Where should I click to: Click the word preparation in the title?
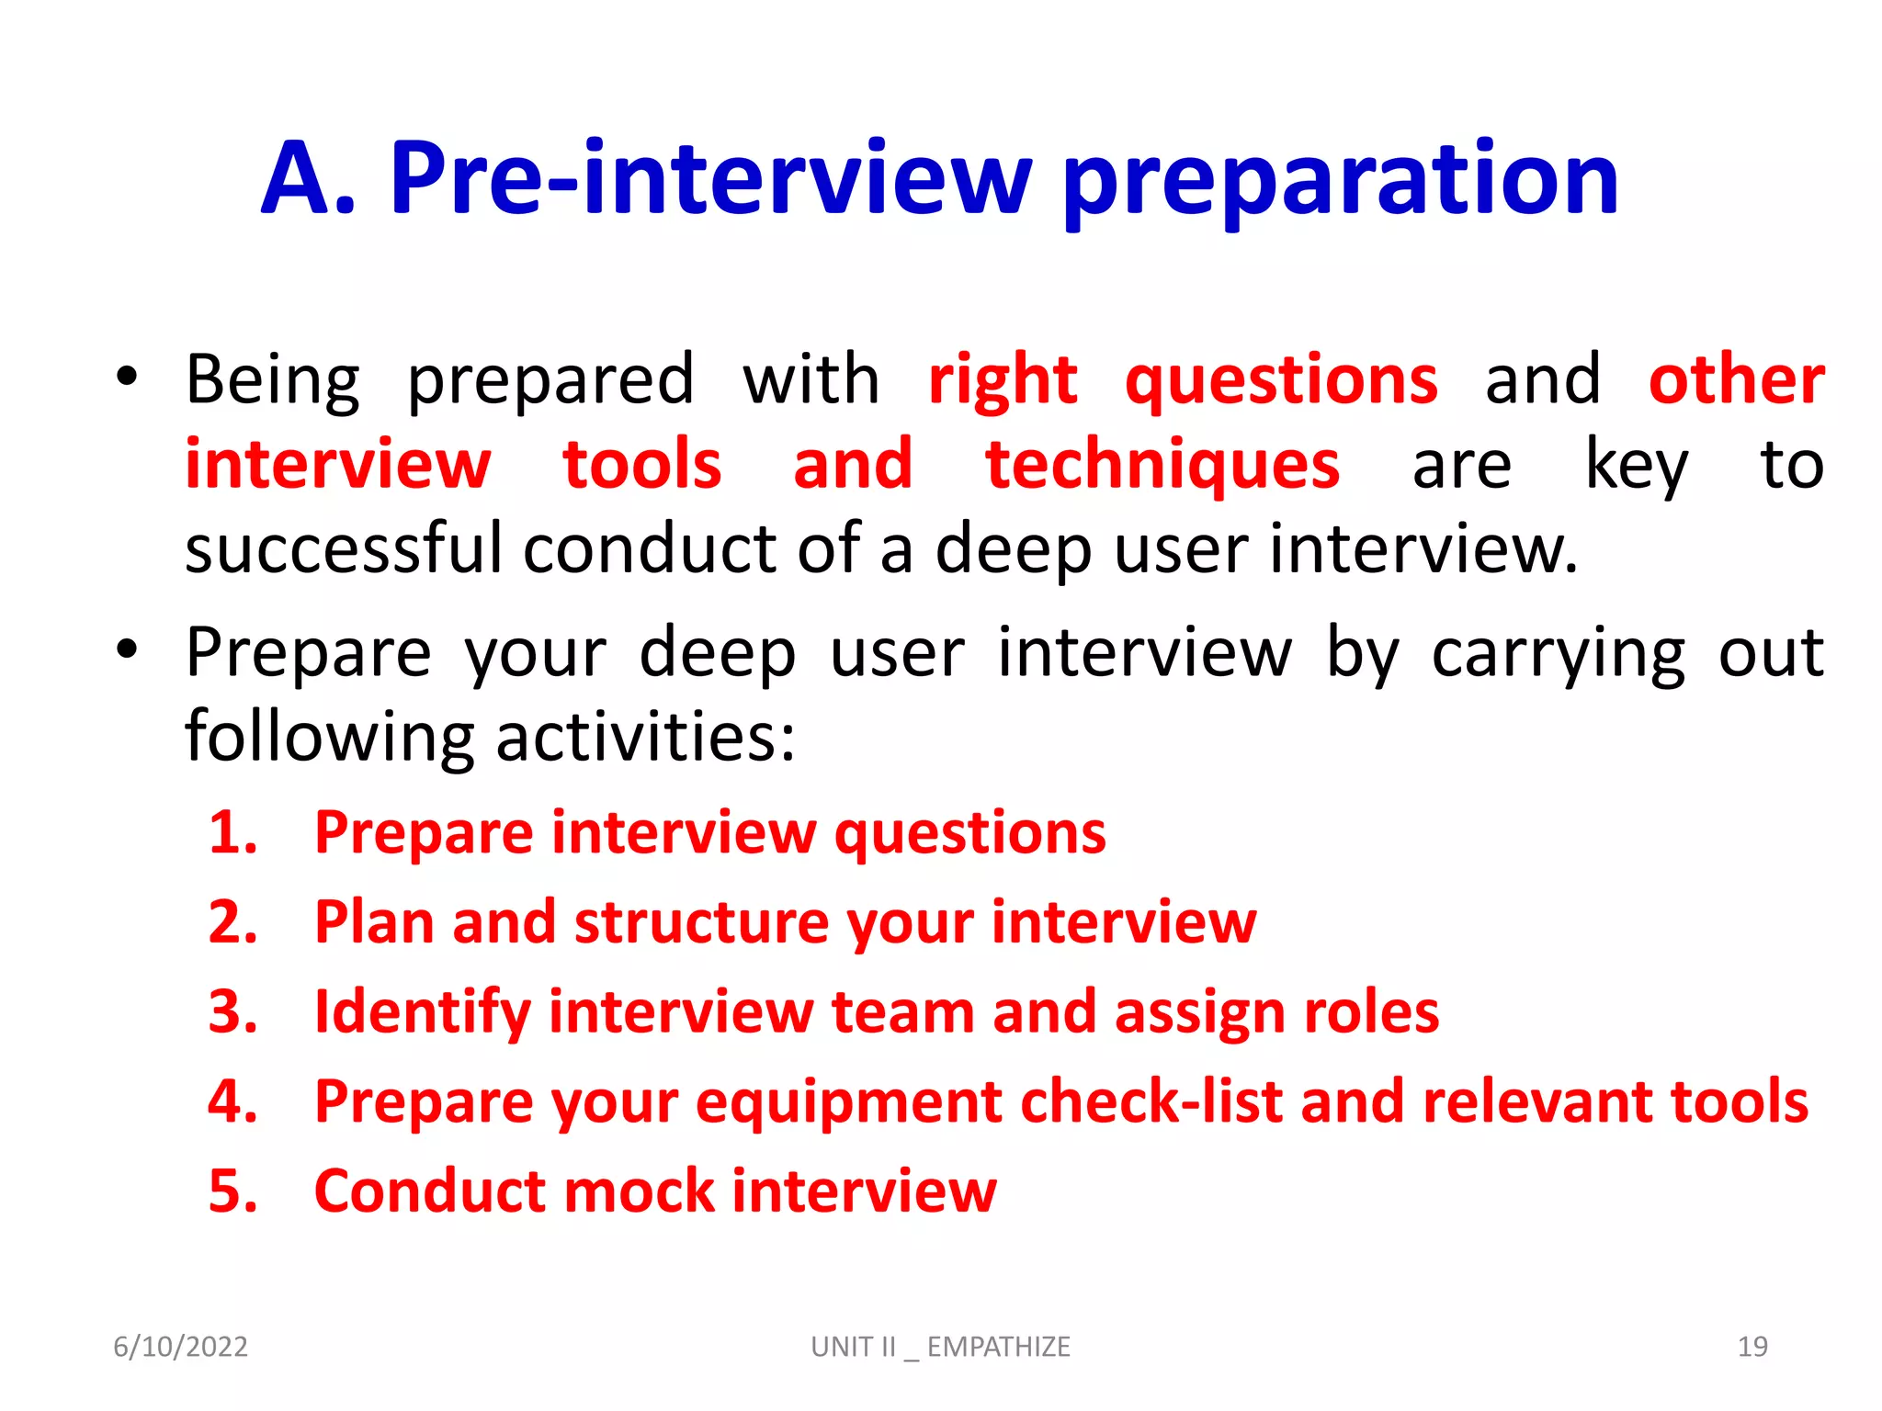[1340, 181]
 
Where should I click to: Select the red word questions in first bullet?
[1281, 381]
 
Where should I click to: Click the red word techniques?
[1162, 466]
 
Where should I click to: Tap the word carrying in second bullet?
[1559, 654]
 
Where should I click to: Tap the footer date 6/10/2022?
[180, 1347]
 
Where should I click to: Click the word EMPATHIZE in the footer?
[998, 1347]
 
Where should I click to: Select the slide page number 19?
[1752, 1347]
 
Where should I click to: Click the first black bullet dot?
[127, 376]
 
